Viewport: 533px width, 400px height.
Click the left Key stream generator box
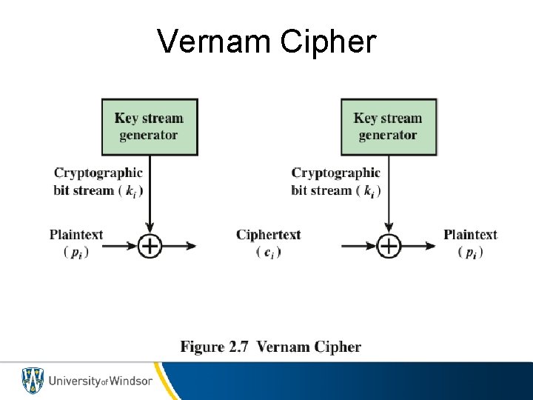[149, 127]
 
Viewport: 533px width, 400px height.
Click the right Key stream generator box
[388, 127]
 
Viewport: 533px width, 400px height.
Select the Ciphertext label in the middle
[268, 235]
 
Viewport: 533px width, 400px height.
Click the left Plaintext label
[76, 235]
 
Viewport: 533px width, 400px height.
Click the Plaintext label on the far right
[470, 235]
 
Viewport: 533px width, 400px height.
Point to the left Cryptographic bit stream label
[98, 181]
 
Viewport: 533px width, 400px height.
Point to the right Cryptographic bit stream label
[335, 181]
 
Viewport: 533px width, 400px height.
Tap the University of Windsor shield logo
[33, 381]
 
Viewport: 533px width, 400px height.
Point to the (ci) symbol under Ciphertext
[268, 253]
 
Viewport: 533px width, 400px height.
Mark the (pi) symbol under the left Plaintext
[76, 253]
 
